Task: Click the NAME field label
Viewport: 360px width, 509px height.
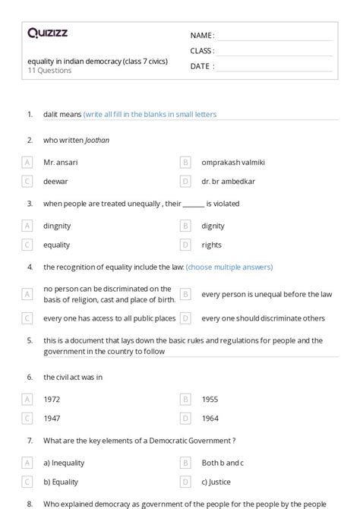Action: (202, 35)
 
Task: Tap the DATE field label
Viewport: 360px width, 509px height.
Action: (202, 66)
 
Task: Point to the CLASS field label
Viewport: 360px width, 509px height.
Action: (203, 51)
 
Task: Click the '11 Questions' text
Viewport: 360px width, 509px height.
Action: (49, 71)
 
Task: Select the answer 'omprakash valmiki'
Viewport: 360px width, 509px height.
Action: (233, 162)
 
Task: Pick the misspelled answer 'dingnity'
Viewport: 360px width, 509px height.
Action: (59, 226)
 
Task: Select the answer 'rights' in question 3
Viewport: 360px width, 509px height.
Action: (212, 245)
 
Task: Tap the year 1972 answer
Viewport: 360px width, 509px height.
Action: (52, 398)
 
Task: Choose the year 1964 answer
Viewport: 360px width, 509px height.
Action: (210, 418)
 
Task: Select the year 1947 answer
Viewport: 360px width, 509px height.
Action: (52, 418)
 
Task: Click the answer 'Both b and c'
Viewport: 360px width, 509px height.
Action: (223, 462)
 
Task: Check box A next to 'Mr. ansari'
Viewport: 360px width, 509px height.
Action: (27, 162)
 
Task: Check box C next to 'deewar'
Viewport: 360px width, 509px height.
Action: (27, 181)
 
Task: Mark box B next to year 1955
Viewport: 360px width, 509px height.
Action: (185, 398)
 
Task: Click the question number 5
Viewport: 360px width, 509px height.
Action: (30, 340)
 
